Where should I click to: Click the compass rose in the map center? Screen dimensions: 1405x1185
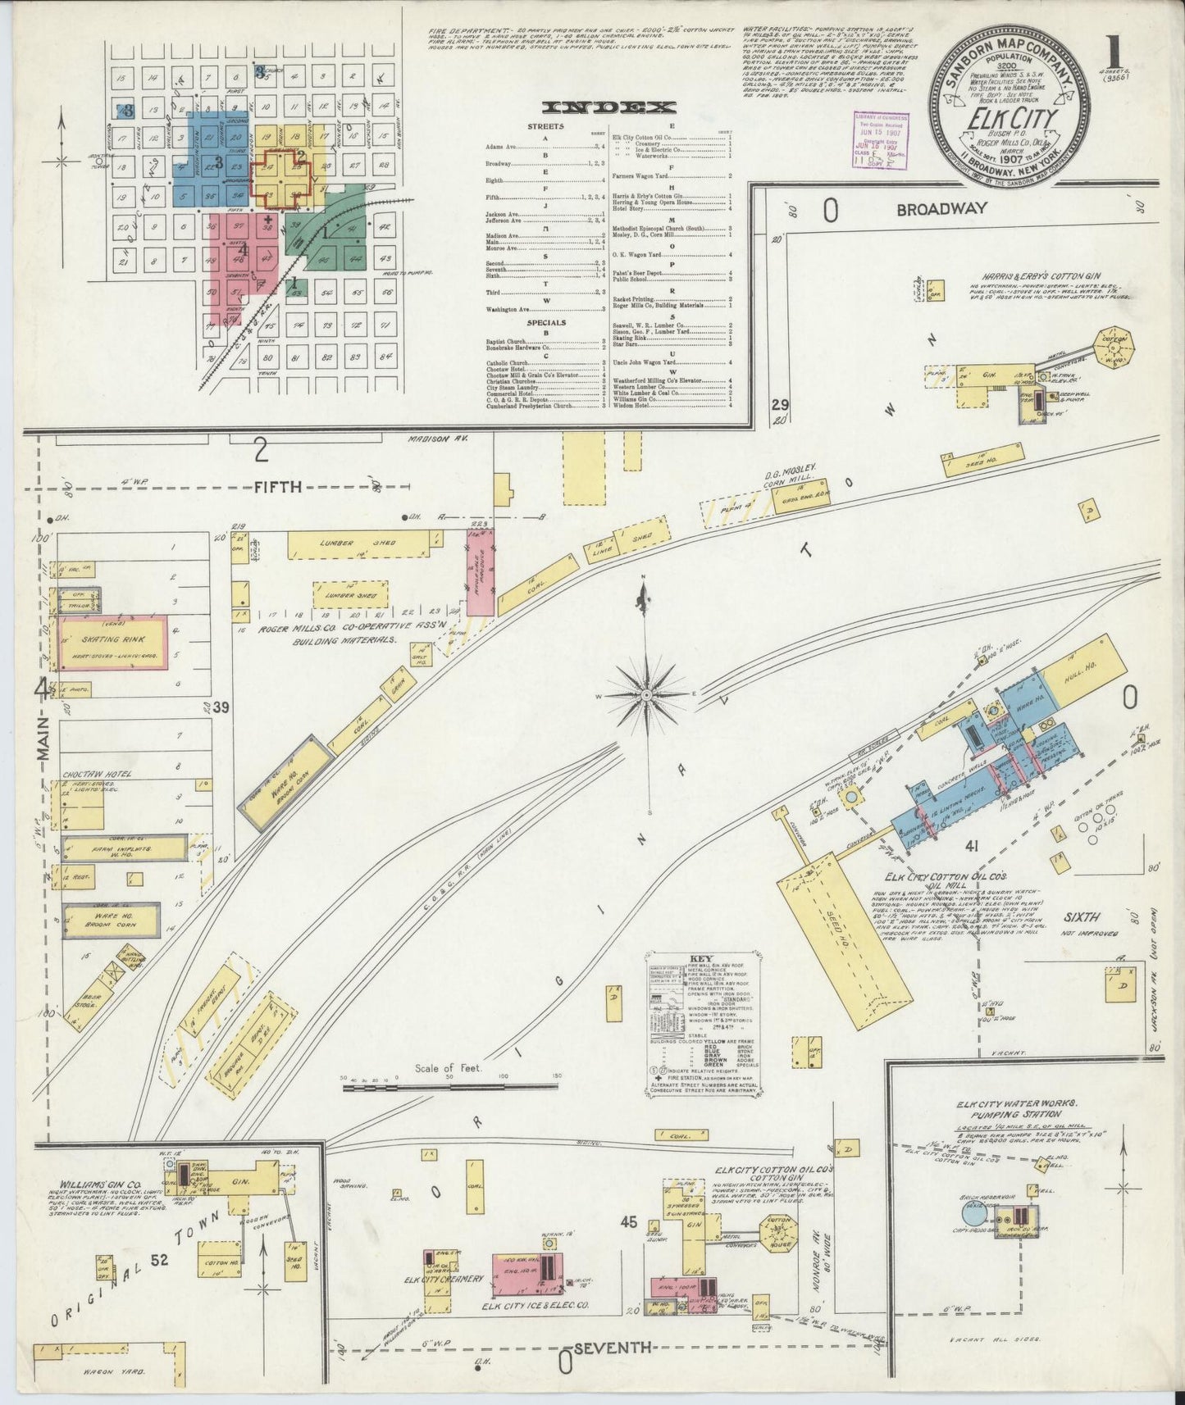645,695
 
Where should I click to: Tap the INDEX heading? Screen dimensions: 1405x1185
608,107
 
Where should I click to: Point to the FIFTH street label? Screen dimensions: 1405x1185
277,487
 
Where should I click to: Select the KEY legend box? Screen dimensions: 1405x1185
701,1024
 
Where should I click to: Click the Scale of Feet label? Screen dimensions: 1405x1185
451,1068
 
